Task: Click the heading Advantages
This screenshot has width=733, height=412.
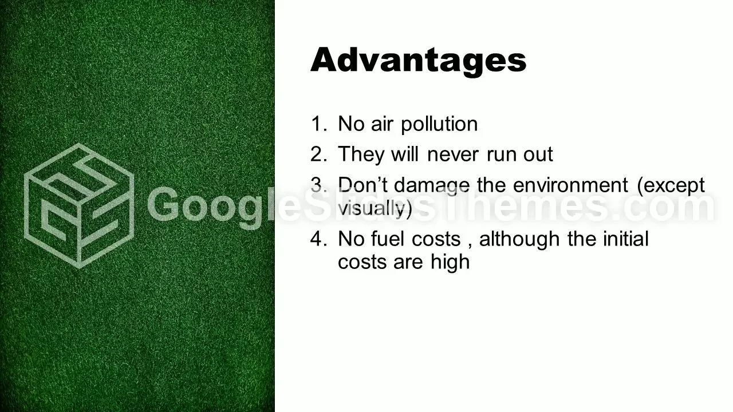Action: [x=418, y=61]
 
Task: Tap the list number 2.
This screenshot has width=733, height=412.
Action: [x=318, y=154]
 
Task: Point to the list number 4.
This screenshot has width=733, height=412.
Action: [x=318, y=239]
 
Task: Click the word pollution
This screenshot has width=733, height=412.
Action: [x=439, y=125]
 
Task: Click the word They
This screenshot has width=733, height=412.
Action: [x=361, y=154]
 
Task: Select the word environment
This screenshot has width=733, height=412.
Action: [x=570, y=185]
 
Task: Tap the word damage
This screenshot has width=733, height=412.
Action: [x=432, y=187]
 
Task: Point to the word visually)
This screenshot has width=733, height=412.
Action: [x=375, y=209]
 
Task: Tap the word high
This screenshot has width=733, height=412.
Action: [x=450, y=263]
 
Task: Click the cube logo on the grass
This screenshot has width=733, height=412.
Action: [x=79, y=205]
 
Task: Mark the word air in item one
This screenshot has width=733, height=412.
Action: [x=381, y=124]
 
